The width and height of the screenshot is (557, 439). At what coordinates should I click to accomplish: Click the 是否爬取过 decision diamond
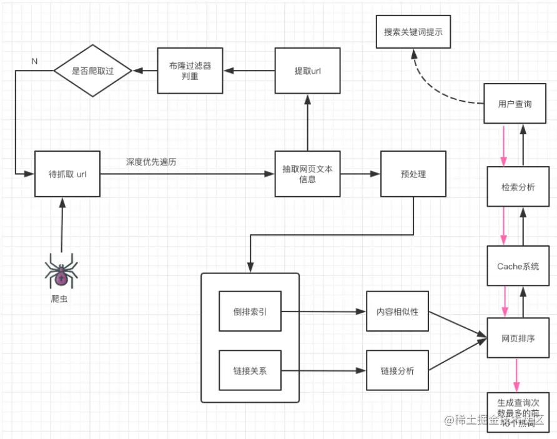tap(92, 71)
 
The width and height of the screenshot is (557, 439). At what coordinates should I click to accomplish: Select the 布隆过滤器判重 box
tap(190, 71)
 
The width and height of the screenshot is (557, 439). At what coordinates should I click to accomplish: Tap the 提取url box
tap(307, 71)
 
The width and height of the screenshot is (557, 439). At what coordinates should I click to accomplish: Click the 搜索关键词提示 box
tap(413, 31)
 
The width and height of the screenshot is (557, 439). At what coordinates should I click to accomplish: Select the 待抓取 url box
tap(67, 174)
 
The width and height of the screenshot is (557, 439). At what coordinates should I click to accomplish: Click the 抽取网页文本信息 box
tap(307, 174)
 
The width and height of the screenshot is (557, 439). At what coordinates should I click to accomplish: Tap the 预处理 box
tap(413, 174)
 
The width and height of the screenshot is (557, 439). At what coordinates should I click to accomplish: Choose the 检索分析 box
tap(518, 187)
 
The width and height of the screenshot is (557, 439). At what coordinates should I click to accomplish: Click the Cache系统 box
tap(518, 266)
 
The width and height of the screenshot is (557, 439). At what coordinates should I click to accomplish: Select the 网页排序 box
tap(518, 338)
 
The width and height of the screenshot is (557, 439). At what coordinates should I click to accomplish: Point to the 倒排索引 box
tap(250, 311)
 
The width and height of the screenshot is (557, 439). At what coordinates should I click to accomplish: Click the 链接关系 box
tap(250, 370)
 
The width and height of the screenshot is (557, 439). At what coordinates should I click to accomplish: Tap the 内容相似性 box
tap(397, 311)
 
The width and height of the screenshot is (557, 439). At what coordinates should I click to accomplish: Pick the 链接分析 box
tap(397, 370)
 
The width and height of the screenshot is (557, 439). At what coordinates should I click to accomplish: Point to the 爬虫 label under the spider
tap(61, 298)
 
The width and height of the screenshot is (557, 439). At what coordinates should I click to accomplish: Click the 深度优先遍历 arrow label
tap(151, 162)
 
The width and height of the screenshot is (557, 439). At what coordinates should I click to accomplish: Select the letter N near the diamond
tap(34, 61)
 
